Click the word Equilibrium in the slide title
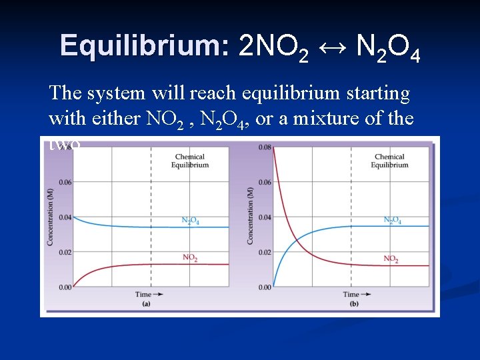(x=145, y=46)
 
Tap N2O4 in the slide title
(x=388, y=47)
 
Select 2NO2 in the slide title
(x=273, y=47)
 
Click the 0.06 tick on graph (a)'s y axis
(x=64, y=182)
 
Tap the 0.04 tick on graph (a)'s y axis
(x=64, y=217)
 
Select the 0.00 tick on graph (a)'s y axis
(x=64, y=287)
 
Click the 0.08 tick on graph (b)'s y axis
(x=265, y=147)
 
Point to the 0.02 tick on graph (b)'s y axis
(x=265, y=252)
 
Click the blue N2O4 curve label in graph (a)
(x=190, y=221)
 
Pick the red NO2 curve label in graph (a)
(x=190, y=258)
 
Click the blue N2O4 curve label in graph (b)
(x=392, y=220)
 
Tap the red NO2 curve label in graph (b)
(x=391, y=258)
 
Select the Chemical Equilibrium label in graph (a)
(x=190, y=161)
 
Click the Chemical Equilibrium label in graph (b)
(x=389, y=161)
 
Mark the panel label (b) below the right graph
(x=353, y=304)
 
